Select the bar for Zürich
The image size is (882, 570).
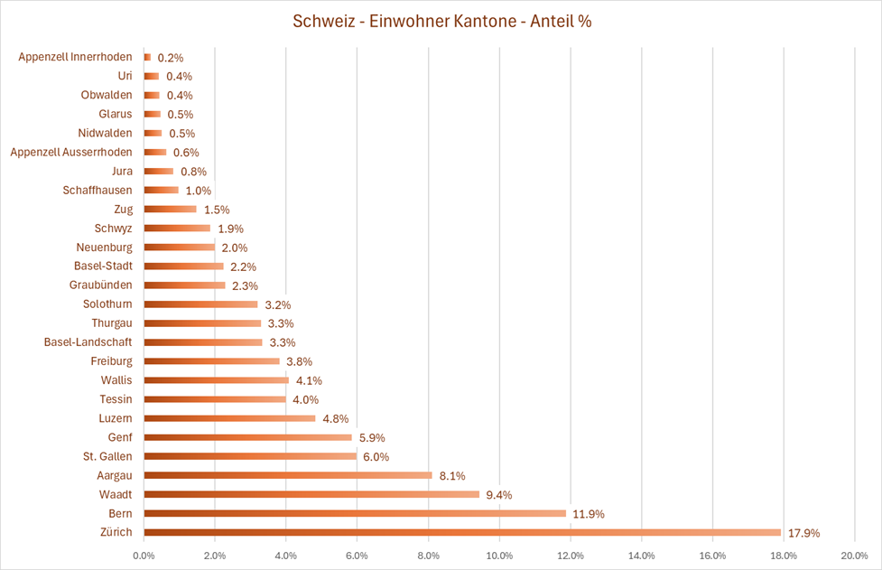pos(462,533)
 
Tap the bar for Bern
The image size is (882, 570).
pos(355,514)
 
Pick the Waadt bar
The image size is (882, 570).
pos(311,494)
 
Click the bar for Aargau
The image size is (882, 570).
pos(288,475)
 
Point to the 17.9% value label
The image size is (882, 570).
pos(803,533)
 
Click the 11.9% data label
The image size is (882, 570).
pos(589,514)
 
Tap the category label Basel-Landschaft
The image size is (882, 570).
pos(88,342)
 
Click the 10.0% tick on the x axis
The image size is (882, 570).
pos(499,555)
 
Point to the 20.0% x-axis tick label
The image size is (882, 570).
pos(854,555)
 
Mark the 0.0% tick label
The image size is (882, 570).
pos(144,555)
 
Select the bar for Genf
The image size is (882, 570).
pos(248,437)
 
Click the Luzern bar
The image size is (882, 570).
pos(229,418)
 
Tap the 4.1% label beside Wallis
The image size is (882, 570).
pos(309,380)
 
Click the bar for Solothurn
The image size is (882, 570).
pos(200,304)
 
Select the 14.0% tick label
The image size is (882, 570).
pos(641,555)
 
